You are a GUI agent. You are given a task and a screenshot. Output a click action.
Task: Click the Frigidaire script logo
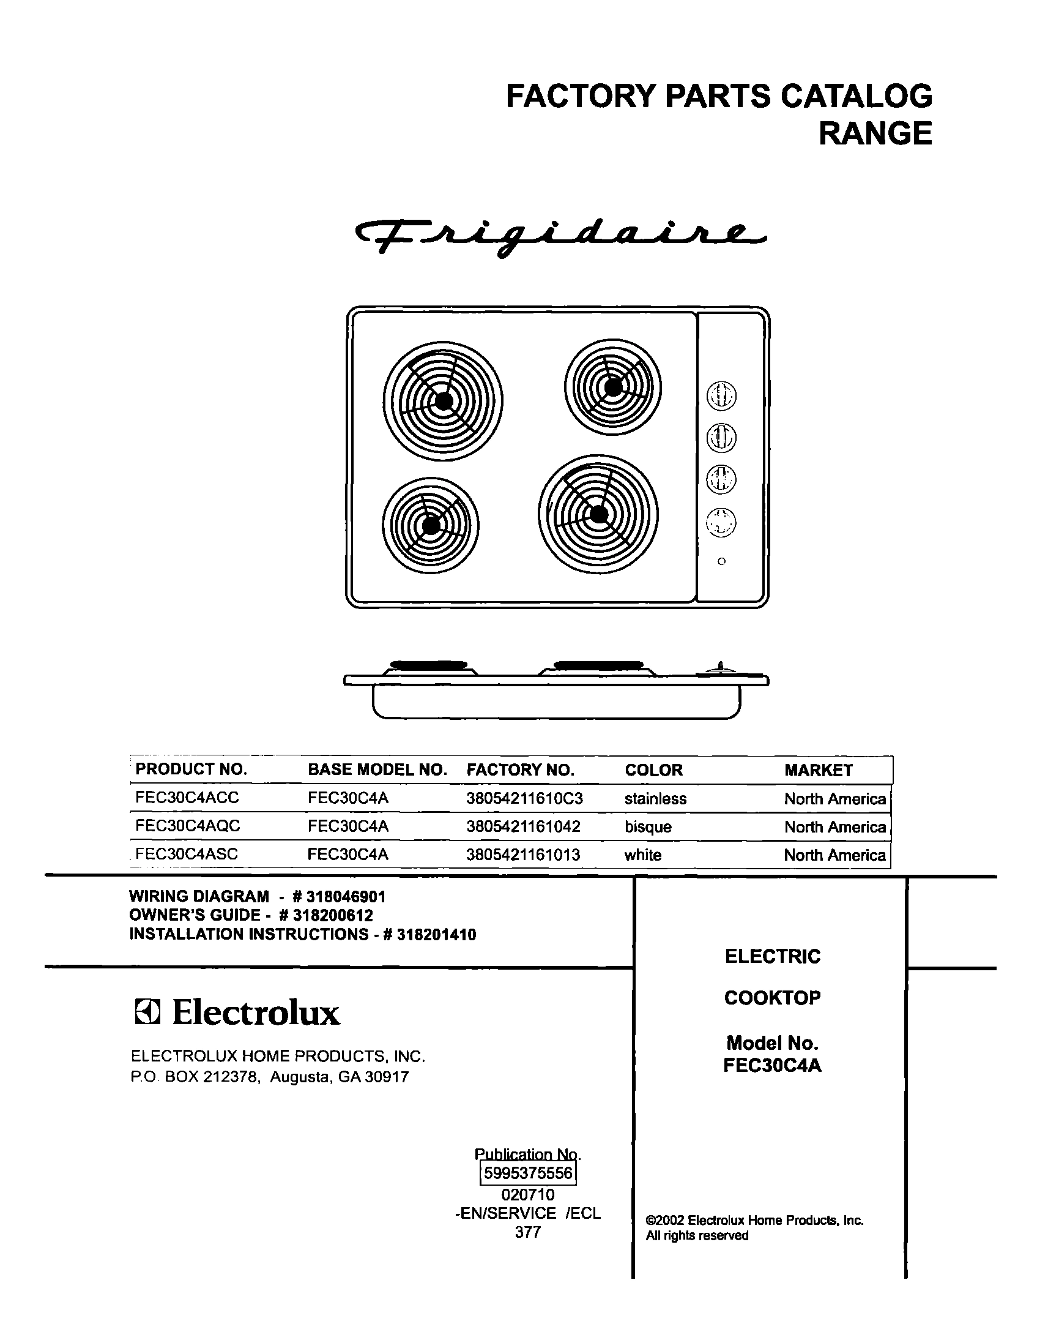tap(560, 238)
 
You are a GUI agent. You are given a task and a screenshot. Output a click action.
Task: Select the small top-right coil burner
tap(613, 387)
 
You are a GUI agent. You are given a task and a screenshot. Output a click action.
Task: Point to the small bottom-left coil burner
tap(430, 525)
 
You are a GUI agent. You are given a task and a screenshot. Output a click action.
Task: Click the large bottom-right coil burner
tap(598, 514)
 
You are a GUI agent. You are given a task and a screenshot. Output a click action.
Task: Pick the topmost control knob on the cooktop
tap(721, 395)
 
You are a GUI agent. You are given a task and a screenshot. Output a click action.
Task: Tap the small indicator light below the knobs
tap(721, 561)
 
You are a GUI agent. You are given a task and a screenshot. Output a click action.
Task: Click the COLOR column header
tap(653, 770)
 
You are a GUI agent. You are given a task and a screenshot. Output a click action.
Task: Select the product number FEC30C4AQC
tap(188, 826)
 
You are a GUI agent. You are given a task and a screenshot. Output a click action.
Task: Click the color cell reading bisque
tap(648, 827)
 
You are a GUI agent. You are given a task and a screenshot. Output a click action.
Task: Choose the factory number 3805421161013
tap(522, 855)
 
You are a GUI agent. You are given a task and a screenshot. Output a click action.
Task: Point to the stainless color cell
tap(655, 799)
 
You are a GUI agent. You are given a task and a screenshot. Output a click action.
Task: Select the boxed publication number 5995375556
tap(528, 1173)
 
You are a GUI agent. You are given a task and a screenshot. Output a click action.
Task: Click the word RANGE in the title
tap(875, 134)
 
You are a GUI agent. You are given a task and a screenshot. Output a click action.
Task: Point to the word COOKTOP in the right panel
tap(772, 997)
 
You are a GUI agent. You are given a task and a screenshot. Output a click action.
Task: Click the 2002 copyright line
tap(754, 1220)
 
